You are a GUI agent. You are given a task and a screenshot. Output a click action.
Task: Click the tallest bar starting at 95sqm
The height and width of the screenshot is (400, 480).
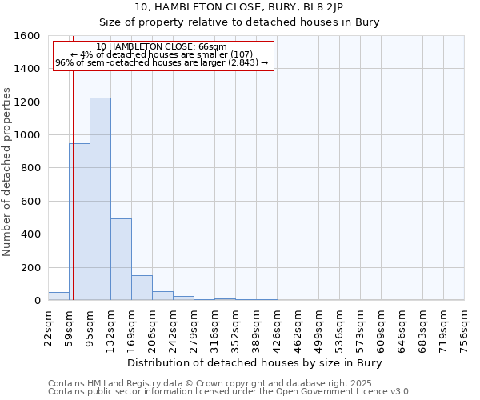(100, 200)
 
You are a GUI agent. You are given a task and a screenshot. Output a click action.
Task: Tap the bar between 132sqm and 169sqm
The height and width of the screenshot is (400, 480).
(121, 260)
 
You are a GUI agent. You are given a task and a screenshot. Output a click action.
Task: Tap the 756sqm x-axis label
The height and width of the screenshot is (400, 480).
(464, 329)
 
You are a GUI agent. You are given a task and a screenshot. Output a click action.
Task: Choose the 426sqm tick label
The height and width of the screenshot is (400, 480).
(277, 329)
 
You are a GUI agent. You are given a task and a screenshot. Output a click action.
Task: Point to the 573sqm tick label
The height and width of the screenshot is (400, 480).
(360, 329)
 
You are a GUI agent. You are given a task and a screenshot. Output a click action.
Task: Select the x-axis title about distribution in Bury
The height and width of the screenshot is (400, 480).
(255, 362)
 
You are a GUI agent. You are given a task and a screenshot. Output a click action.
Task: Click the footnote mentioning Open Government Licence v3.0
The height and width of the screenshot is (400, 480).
(230, 392)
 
